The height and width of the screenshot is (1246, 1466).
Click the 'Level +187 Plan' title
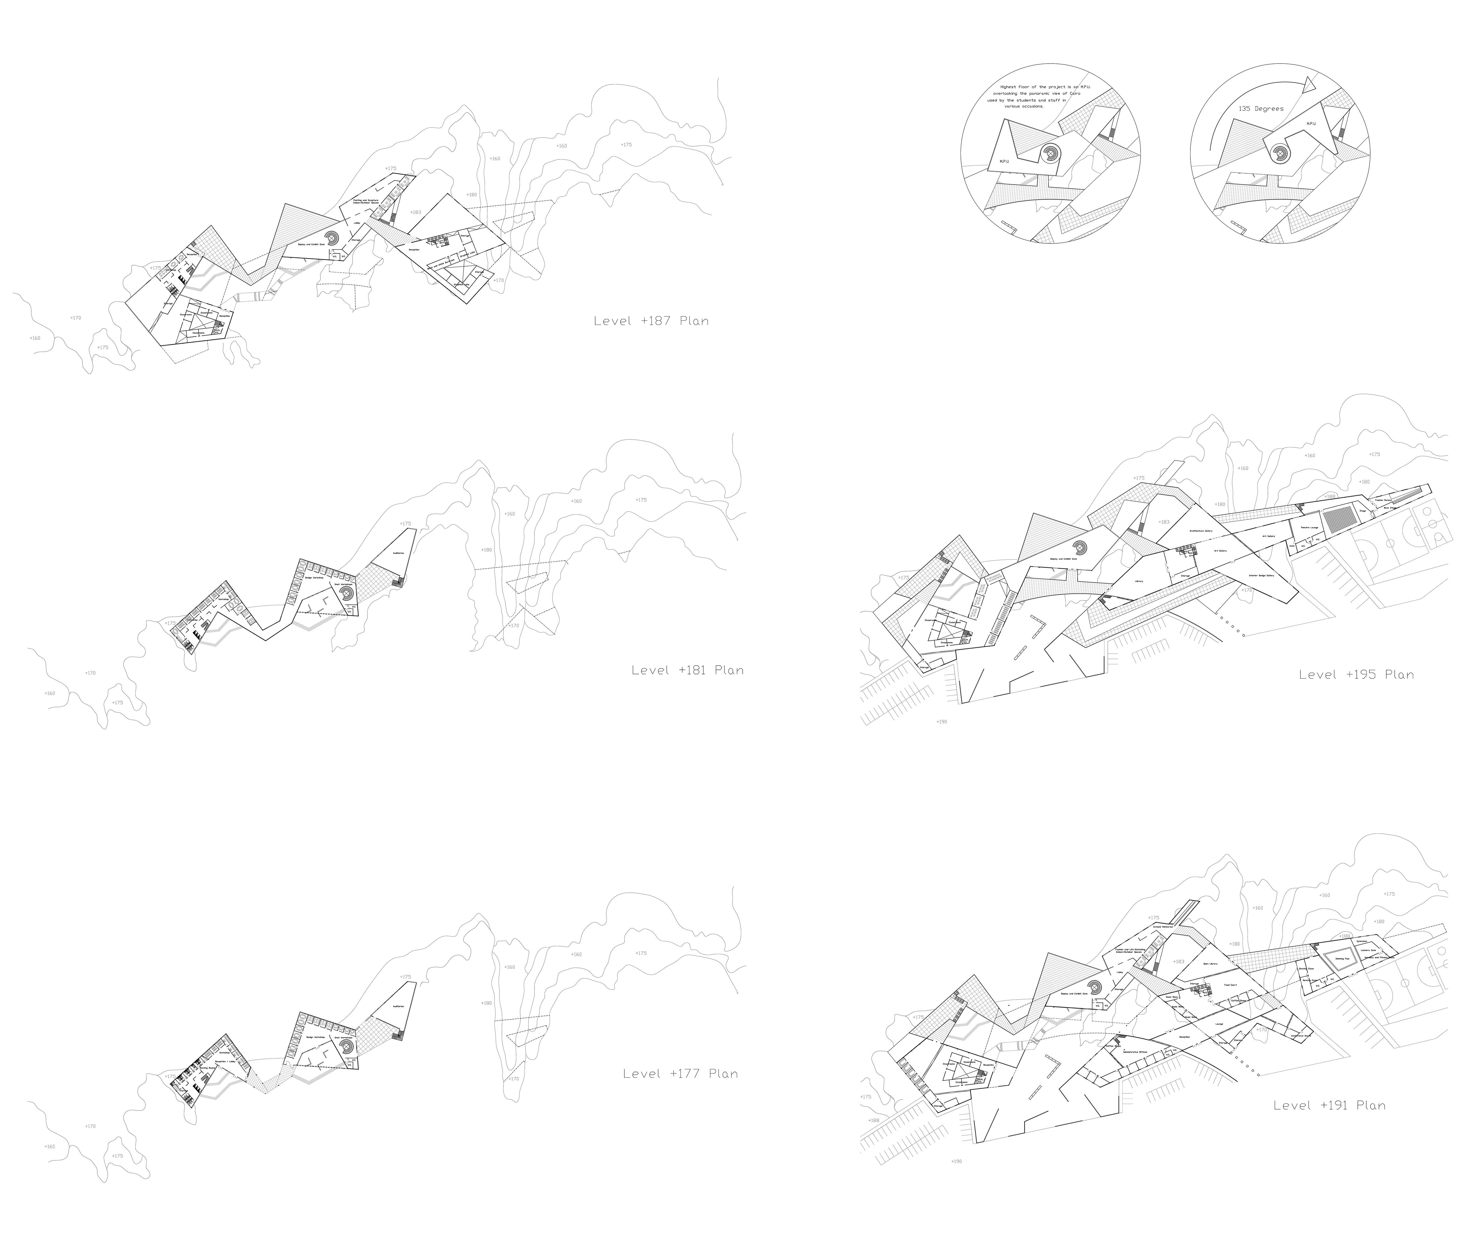click(650, 321)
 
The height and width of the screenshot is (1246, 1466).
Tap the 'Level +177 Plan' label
click(680, 1074)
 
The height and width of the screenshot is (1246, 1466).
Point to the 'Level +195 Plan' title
click(1356, 675)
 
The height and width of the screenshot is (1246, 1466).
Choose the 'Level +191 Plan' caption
click(1329, 1105)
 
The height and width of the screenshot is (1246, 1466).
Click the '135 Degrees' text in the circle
click(1260, 109)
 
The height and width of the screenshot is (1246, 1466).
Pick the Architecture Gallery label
click(1200, 531)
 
